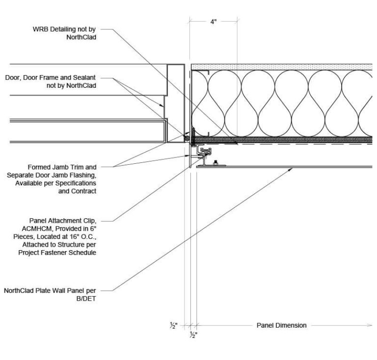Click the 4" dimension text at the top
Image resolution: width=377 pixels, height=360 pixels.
(x=213, y=22)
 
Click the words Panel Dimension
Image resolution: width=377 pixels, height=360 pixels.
(x=281, y=325)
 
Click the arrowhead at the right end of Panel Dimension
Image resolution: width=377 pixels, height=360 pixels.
(x=369, y=325)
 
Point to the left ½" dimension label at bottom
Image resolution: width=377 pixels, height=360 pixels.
(x=173, y=325)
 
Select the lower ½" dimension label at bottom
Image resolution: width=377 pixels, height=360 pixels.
(x=192, y=335)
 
